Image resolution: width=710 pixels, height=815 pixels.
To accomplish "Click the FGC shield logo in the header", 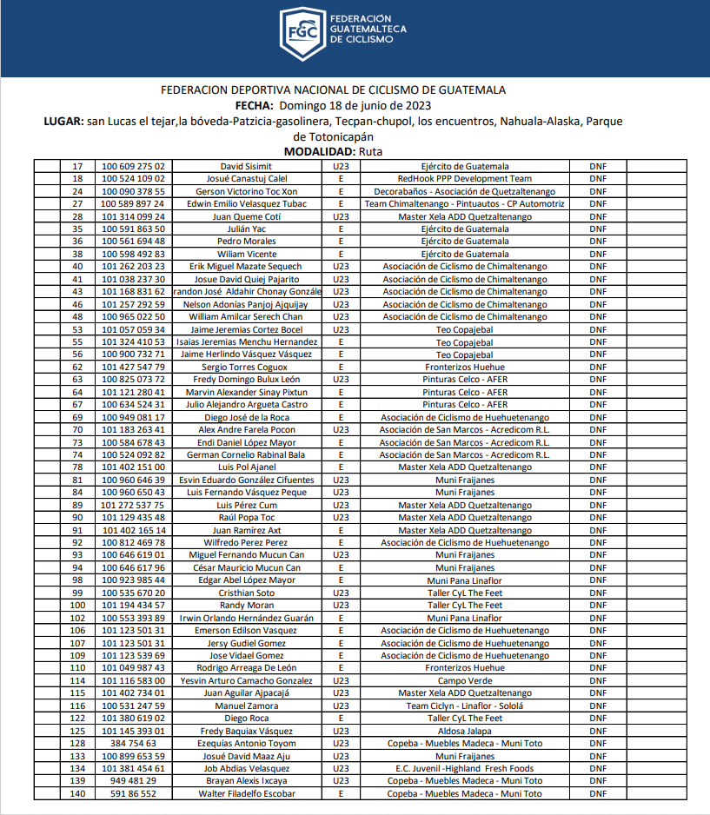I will tap(302, 34).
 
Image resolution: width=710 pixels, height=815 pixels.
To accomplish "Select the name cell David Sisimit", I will tap(246, 166).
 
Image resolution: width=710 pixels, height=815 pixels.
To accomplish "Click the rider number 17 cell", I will tap(78, 166).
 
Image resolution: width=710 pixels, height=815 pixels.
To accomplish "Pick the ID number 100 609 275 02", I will tap(133, 166).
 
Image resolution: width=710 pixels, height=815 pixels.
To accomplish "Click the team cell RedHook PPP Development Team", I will tap(464, 178).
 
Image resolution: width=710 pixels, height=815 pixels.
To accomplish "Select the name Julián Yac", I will tap(246, 229).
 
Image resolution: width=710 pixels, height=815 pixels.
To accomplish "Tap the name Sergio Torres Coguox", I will tap(246, 367).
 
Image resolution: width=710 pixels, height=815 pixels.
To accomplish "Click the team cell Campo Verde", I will tap(464, 680).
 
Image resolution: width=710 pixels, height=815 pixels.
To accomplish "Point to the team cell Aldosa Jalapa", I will tap(464, 731).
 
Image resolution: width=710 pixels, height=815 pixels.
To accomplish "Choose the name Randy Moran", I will tap(246, 605).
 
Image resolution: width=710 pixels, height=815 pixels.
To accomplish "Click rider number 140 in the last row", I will tap(78, 793).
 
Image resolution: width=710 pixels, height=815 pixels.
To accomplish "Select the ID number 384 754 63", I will tap(133, 743).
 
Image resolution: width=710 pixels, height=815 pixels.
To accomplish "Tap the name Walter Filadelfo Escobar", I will tap(246, 793).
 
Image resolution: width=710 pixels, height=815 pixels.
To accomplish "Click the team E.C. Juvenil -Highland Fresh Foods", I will tap(464, 768).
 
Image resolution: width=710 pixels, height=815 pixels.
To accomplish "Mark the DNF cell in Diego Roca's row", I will tap(598, 718).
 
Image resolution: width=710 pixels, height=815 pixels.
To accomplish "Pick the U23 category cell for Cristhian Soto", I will tap(341, 593).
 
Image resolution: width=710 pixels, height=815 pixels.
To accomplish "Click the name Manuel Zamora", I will tap(246, 706).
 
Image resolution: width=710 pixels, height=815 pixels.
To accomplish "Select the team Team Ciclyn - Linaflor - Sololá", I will tap(464, 706).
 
